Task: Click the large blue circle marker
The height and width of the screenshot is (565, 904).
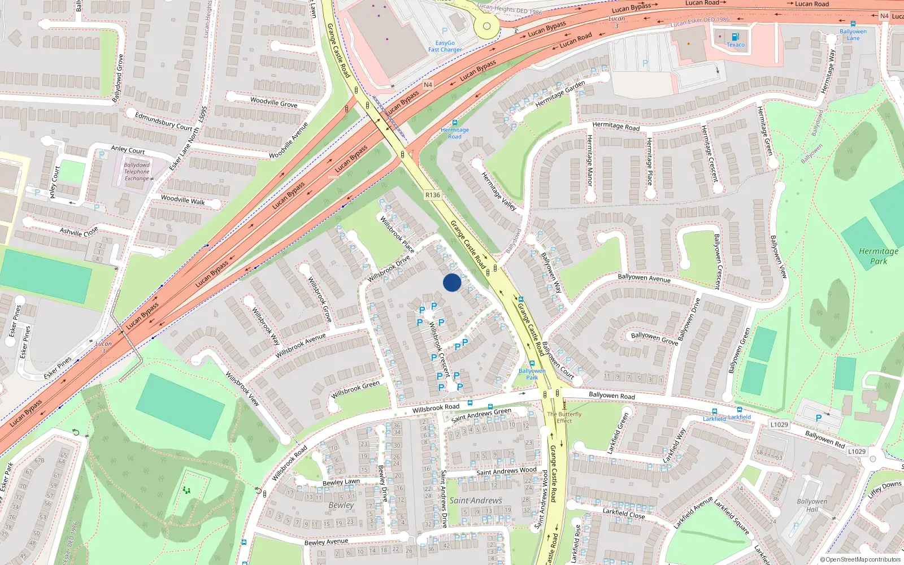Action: (452, 282)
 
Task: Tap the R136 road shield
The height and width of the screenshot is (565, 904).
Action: (432, 195)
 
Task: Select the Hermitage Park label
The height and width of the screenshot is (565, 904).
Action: (879, 256)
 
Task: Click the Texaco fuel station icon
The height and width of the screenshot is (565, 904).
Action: (735, 37)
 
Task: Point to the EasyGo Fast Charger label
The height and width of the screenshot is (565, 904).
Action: (445, 46)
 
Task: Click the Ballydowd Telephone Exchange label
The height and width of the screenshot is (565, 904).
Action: (137, 172)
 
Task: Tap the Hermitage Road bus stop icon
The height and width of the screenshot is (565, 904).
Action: (455, 123)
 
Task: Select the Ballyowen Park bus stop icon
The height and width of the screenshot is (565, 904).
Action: (532, 363)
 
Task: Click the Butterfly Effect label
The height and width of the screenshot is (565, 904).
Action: (564, 417)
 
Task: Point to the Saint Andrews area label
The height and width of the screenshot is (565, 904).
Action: (476, 501)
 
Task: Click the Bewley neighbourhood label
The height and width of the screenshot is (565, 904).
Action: (341, 505)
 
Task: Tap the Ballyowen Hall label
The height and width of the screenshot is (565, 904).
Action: (812, 505)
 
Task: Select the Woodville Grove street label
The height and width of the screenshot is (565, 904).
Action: (273, 102)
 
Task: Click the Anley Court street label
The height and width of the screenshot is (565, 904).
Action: (128, 150)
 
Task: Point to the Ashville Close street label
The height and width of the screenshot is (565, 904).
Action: (79, 232)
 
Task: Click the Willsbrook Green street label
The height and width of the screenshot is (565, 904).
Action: (355, 389)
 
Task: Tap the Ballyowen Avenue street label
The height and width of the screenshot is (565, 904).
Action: (644, 277)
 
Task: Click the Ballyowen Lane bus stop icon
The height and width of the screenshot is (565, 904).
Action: (853, 24)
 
